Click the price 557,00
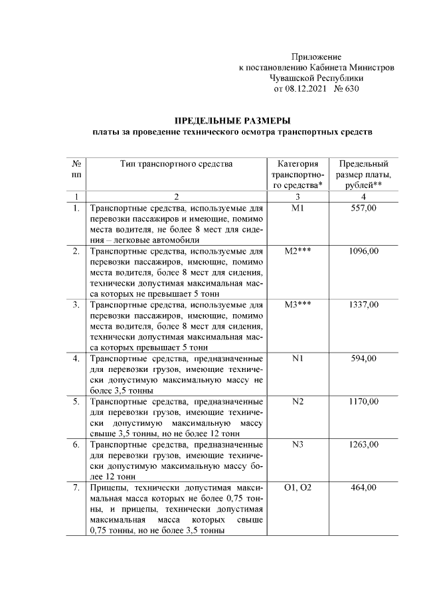pyautogui.click(x=363, y=209)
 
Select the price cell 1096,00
pyautogui.click(x=363, y=251)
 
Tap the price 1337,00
pyautogui.click(x=363, y=304)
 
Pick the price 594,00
pyautogui.click(x=363, y=358)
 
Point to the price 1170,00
pyautogui.click(x=363, y=401)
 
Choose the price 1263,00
pyautogui.click(x=363, y=444)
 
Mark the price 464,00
pyautogui.click(x=363, y=487)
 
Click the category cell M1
pyautogui.click(x=297, y=209)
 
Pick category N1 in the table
pyautogui.click(x=297, y=358)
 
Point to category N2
pyautogui.click(x=297, y=401)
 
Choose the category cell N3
pyautogui.click(x=297, y=444)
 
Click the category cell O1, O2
pyautogui.click(x=297, y=487)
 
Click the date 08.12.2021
pyautogui.click(x=307, y=88)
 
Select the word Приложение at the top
pyautogui.click(x=316, y=57)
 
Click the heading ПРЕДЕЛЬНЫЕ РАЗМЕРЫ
pyautogui.click(x=232, y=120)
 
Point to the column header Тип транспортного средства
pyautogui.click(x=177, y=164)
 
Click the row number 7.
pyautogui.click(x=76, y=487)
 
